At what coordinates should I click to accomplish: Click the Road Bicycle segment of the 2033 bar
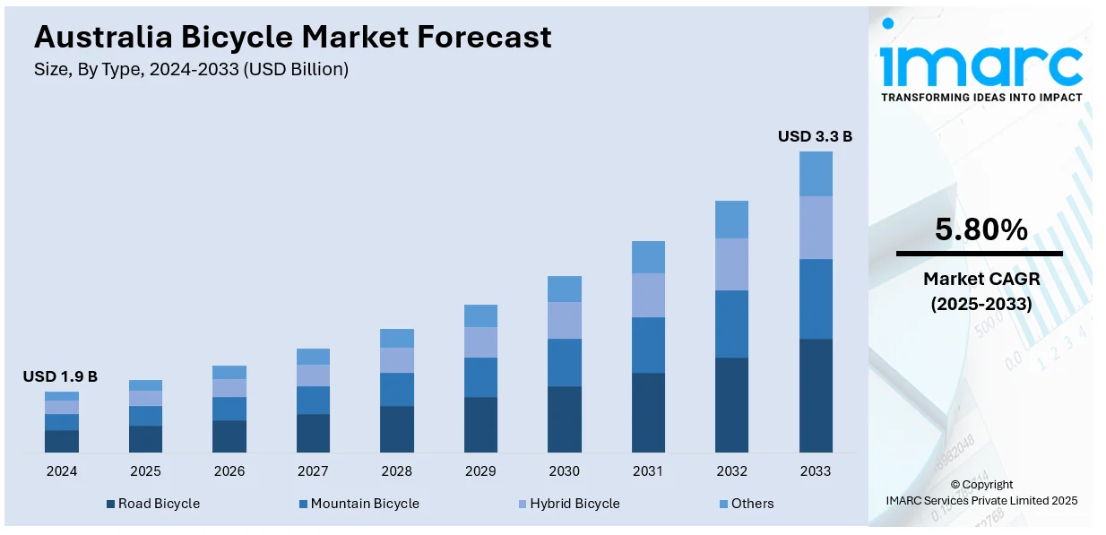[x=816, y=395]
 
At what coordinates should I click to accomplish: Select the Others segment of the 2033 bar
[x=816, y=174]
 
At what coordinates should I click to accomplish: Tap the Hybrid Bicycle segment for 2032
[x=731, y=264]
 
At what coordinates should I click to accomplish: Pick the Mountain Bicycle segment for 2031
[x=648, y=345]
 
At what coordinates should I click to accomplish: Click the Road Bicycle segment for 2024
[x=62, y=441]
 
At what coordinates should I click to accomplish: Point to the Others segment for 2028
[x=397, y=338]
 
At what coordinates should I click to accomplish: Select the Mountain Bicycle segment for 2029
[x=480, y=377]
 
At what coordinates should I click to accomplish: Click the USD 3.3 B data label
[x=815, y=136]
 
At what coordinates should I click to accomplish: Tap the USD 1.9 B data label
[x=60, y=376]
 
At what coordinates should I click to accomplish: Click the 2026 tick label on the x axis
[x=229, y=471]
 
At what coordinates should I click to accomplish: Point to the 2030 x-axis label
[x=564, y=471]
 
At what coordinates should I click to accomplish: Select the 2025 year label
[x=145, y=471]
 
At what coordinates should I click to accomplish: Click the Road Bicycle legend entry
[x=152, y=504]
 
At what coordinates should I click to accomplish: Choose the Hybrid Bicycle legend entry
[x=568, y=504]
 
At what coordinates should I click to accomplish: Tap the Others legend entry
[x=746, y=504]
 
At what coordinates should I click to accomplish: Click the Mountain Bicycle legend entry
[x=359, y=504]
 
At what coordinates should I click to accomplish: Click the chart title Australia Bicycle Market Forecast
[x=292, y=37]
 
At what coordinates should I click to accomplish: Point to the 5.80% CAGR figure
[x=981, y=230]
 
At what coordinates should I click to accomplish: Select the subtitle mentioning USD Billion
[x=191, y=69]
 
